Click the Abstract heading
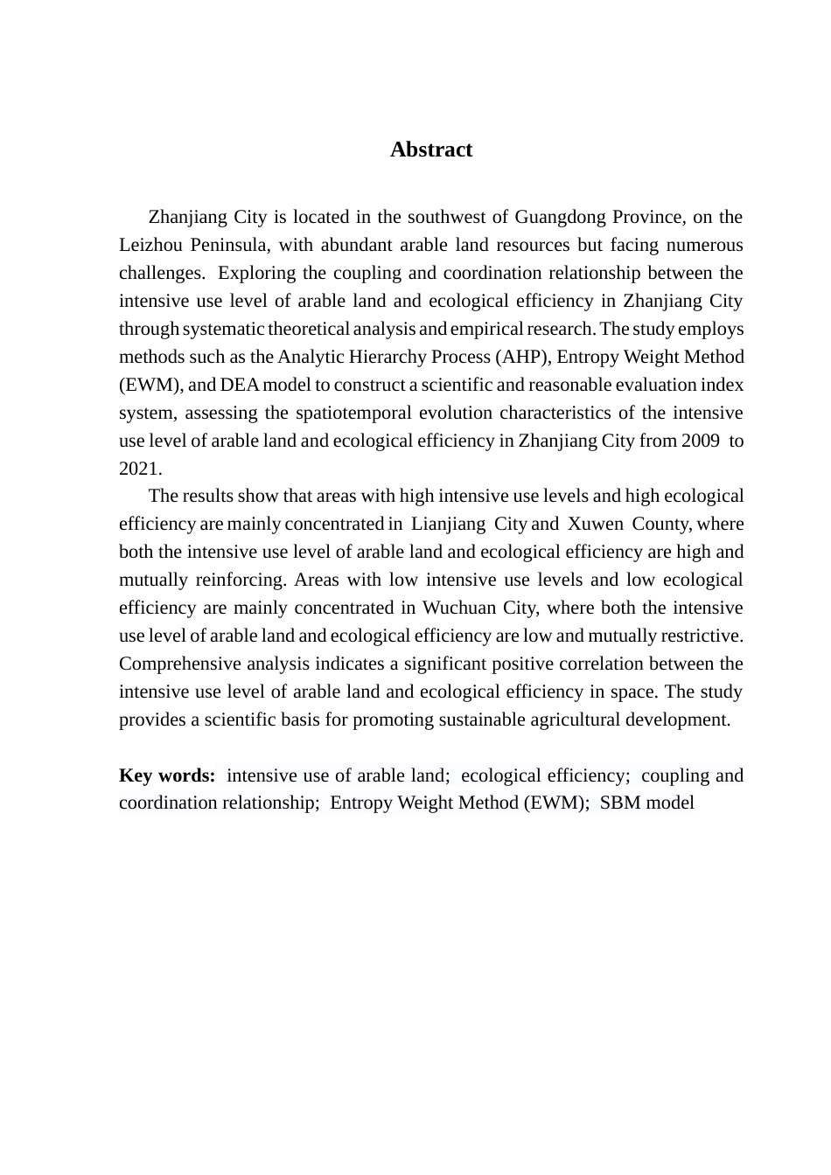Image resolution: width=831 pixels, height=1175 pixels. [x=431, y=149]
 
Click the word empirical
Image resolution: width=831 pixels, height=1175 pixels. [x=489, y=329]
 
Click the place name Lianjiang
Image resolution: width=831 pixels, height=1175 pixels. [x=448, y=525]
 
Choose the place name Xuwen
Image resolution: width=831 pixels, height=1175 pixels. [x=596, y=525]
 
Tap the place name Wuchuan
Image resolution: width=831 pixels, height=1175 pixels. [x=459, y=608]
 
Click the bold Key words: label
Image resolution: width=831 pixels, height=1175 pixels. [x=167, y=775]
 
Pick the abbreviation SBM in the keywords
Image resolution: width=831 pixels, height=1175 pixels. [x=619, y=803]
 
